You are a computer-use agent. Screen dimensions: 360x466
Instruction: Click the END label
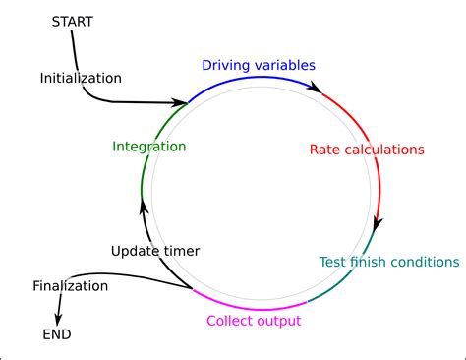57,334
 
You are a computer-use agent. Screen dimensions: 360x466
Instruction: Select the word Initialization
81,77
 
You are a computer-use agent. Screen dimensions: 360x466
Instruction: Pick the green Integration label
148,147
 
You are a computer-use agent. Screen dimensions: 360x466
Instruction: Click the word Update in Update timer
135,251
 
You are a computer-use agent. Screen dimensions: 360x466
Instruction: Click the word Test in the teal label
334,262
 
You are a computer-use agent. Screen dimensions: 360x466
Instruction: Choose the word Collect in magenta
230,321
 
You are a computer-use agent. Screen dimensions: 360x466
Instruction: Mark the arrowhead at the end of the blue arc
316,89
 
